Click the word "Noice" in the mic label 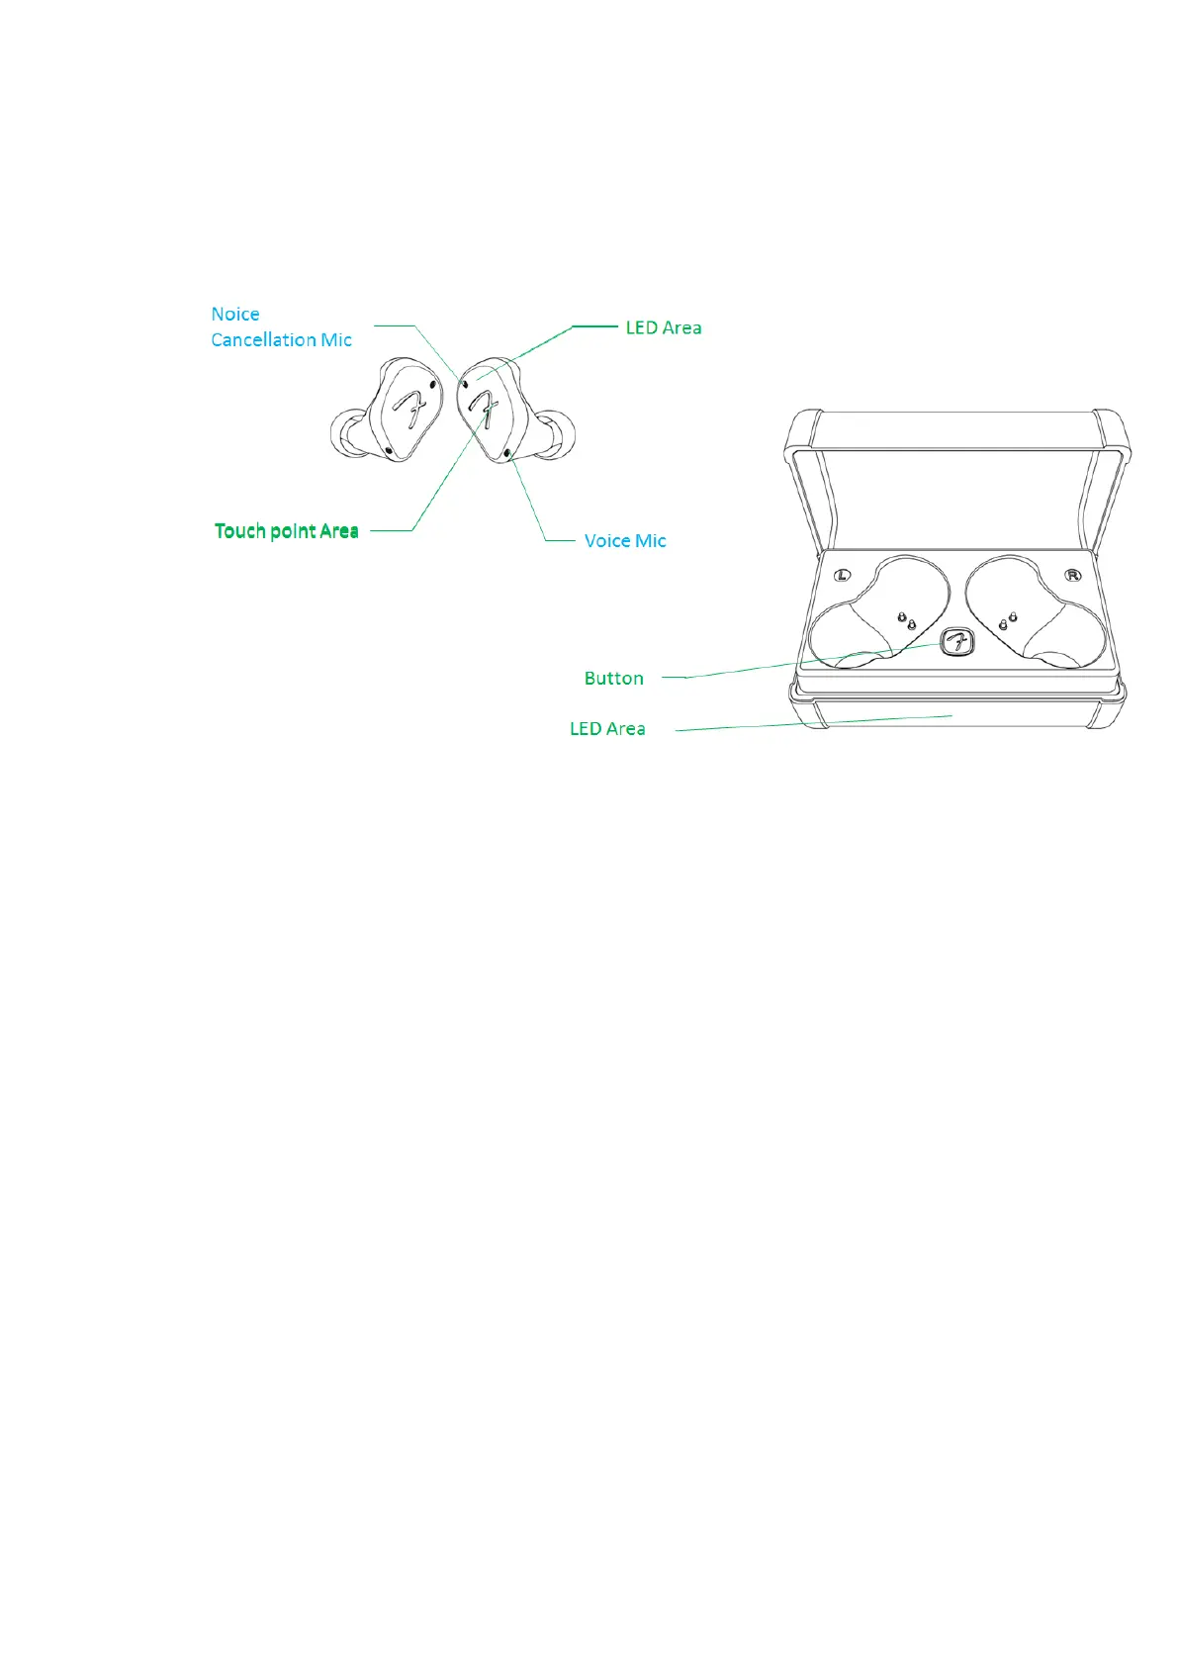[x=235, y=315]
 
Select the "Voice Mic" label [x=625, y=541]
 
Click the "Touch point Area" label [x=286, y=531]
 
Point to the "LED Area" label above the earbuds [x=664, y=327]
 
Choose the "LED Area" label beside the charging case [x=607, y=729]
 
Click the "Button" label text [x=613, y=679]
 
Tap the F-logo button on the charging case [x=956, y=643]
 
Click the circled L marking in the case [x=843, y=575]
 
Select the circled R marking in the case [x=1072, y=575]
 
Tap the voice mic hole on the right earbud [x=508, y=453]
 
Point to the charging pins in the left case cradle [x=906, y=621]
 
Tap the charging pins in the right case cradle [x=1008, y=621]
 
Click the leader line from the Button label [x=791, y=666]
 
